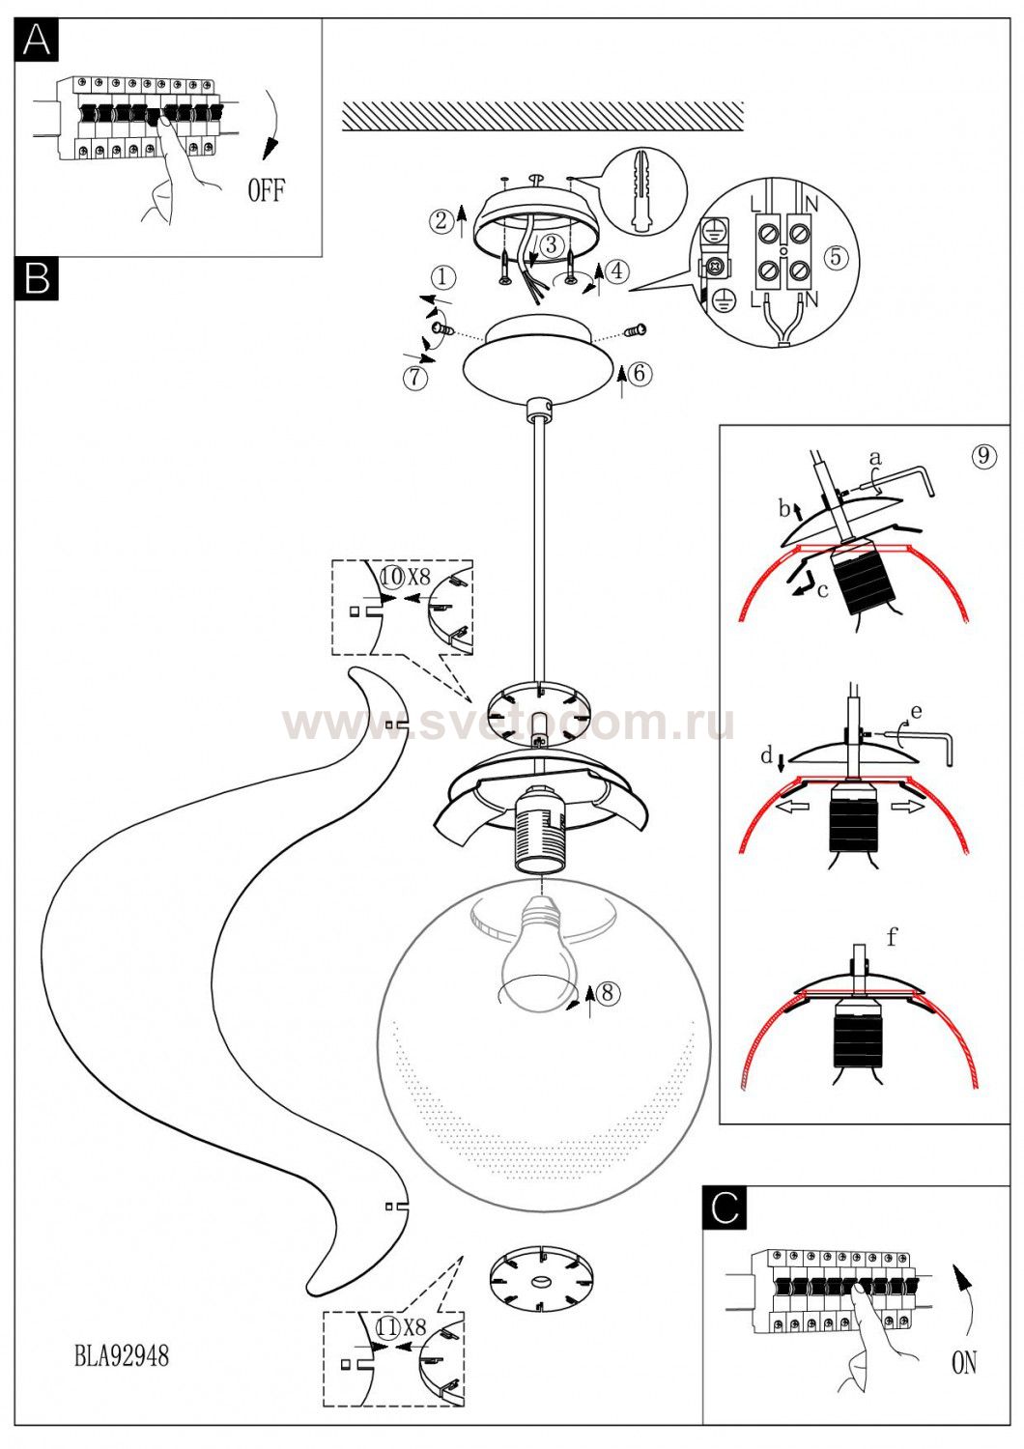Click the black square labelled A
pos(37,40)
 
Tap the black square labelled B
pos(37,278)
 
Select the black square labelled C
pos(725,1207)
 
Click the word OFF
pos(266,190)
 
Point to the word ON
pos(963,1363)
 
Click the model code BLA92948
pos(122,1356)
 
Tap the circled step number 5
pos(837,257)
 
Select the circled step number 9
pos(983,456)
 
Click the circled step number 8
pos(607,992)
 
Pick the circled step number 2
pos(441,220)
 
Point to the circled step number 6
pos(641,373)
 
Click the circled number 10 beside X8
pos(391,578)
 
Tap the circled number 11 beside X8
pos(386,1327)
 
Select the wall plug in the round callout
pos(641,190)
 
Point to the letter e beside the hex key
pos(916,713)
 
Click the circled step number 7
pos(415,378)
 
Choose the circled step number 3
pos(550,245)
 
